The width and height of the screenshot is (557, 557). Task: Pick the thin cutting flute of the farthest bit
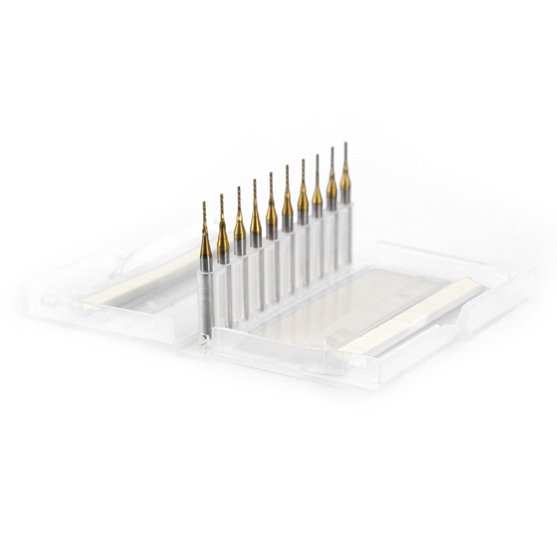click(x=345, y=155)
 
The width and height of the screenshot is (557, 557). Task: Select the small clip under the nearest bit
click(x=203, y=339)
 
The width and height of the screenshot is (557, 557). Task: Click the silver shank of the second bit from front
click(x=223, y=256)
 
